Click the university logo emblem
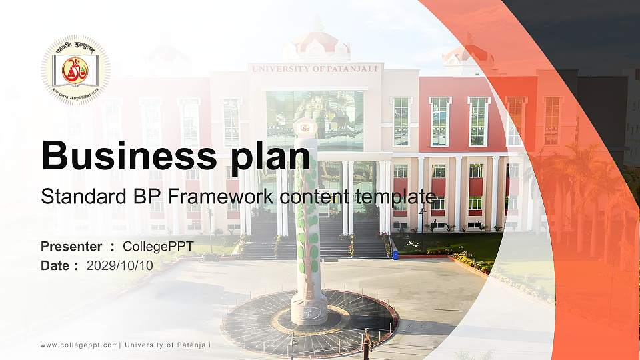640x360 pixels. coord(75,70)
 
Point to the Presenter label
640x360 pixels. coord(71,247)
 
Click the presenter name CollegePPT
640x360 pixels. coord(159,247)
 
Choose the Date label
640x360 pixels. coord(56,265)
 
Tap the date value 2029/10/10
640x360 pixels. coord(120,265)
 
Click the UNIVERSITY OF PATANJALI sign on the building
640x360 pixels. coord(314,68)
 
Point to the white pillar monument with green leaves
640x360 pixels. coord(306,220)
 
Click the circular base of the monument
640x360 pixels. coord(309,323)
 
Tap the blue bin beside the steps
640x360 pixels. coord(395,254)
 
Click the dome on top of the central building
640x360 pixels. coord(316,44)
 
